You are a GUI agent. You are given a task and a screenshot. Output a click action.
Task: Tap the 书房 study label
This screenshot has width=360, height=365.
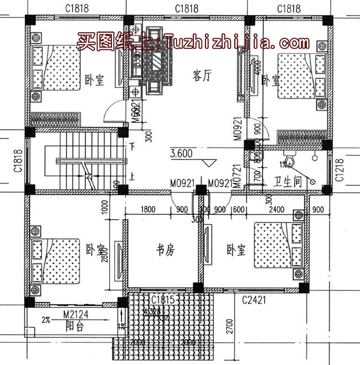tap(164, 250)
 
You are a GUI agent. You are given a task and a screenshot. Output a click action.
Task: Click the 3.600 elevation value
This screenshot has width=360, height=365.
tap(182, 154)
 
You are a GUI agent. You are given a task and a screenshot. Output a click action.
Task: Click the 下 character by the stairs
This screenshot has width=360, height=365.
tap(132, 147)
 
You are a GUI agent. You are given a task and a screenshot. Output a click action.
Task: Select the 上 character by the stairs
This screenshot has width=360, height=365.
tap(132, 178)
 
